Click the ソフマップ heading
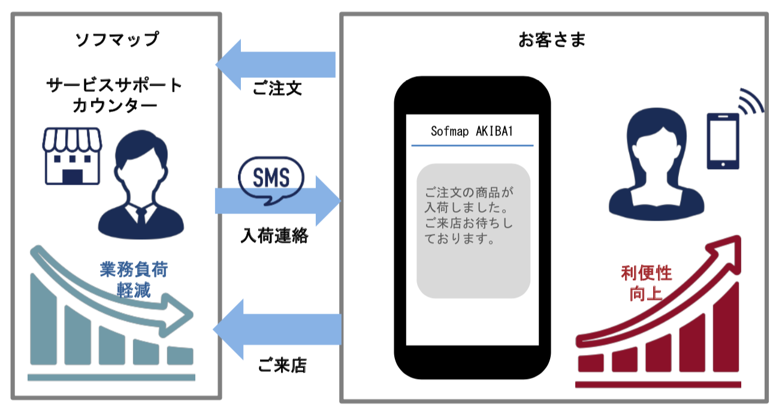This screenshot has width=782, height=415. (117, 40)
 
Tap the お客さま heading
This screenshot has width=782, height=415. (552, 40)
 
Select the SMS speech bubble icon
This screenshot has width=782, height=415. (271, 178)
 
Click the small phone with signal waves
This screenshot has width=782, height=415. (723, 140)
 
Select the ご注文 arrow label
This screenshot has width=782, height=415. (276, 89)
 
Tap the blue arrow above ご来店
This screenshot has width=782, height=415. (277, 329)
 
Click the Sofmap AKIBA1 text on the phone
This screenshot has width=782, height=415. (472, 131)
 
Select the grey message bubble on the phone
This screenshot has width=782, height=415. (473, 230)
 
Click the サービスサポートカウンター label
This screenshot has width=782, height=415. (114, 95)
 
